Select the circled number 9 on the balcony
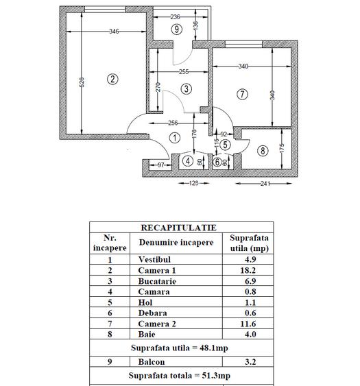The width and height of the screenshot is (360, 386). click(178, 29)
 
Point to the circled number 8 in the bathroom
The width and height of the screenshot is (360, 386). click(263, 150)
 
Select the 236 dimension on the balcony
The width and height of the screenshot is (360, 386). click(175, 16)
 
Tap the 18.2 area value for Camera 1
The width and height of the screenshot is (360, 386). click(249, 271)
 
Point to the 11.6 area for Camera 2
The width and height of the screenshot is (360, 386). click(249, 324)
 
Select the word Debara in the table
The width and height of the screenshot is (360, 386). click(152, 313)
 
